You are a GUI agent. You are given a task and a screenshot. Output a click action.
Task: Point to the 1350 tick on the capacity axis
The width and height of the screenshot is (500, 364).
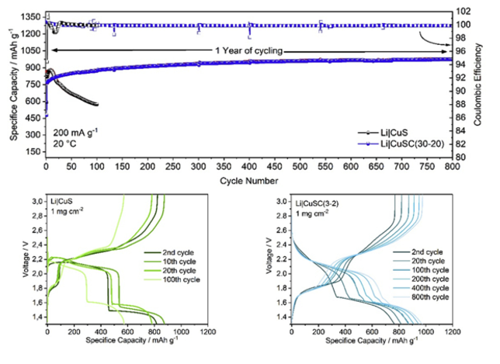click(30, 16)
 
